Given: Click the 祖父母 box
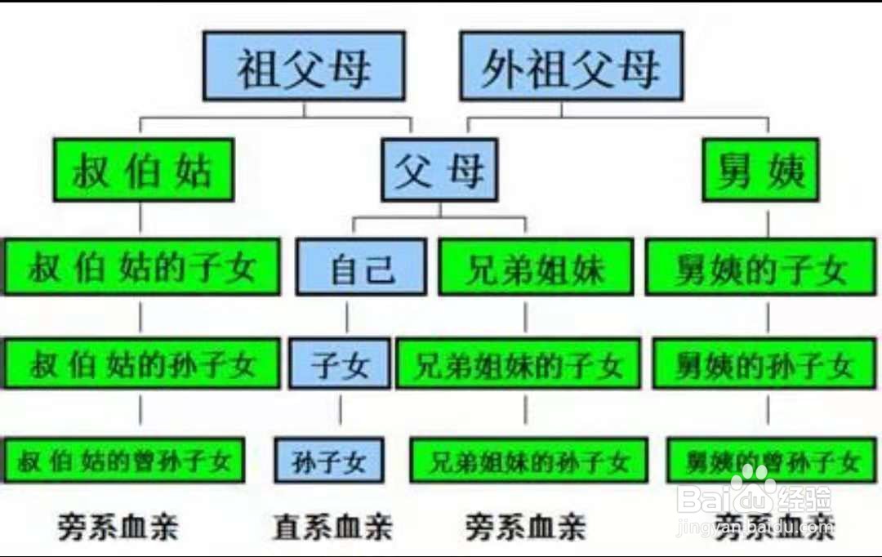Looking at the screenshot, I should coord(304,66).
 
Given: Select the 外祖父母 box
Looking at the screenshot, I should coord(571,66).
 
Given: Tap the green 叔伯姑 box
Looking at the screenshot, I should coord(143,170).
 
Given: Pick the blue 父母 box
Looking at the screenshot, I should coord(439,170).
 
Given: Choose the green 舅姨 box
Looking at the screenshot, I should coord(759,170).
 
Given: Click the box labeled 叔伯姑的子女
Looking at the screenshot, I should coord(142,267).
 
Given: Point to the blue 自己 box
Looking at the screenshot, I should coord(361,267).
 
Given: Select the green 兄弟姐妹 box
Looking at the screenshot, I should coord(535,267).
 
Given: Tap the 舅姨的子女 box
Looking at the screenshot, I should coord(761,267).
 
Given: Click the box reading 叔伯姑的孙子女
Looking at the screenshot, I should coord(142,364).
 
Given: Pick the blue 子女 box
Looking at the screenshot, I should coord(340,364).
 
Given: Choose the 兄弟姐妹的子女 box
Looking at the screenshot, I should coord(519,364).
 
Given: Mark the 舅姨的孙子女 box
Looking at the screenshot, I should coord(764,364).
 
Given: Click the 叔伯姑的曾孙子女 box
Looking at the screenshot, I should coord(124,461).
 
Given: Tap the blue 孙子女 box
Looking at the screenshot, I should coord(328,461).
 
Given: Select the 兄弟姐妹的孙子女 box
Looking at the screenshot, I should coord(528,461).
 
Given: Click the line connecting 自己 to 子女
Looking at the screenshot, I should coord(347,318).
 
